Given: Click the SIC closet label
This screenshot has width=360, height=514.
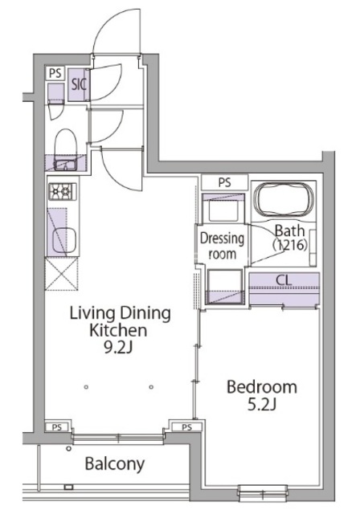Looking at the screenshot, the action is point(79,85).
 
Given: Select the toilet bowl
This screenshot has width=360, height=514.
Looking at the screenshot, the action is point(66,141).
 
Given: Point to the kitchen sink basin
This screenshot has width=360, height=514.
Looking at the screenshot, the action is point(64,240).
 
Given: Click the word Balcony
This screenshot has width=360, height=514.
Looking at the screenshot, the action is point(115,464).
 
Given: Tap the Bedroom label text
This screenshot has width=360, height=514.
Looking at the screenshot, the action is point(262,387).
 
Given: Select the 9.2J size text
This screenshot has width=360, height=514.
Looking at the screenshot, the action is point(117,348).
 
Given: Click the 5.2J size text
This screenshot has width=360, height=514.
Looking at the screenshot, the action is point(262,405).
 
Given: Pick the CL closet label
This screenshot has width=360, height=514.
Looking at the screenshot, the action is point(284,280).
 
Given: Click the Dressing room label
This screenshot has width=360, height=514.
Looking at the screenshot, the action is point(223,246).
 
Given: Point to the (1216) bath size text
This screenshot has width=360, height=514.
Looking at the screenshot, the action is point(290,245).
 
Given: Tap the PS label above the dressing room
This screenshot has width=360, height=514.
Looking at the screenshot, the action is point(224,182).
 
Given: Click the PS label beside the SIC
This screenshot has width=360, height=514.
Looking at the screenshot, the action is point(55,73).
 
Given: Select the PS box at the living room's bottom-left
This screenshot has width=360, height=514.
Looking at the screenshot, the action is point(57,427).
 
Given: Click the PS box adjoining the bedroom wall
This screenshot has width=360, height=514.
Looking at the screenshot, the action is point(187,427).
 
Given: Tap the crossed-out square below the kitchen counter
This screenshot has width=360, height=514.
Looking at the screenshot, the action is point(62,273).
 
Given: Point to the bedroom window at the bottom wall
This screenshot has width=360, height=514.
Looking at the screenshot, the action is point(263,492).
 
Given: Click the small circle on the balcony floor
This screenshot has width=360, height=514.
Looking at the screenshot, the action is point(68,449).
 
